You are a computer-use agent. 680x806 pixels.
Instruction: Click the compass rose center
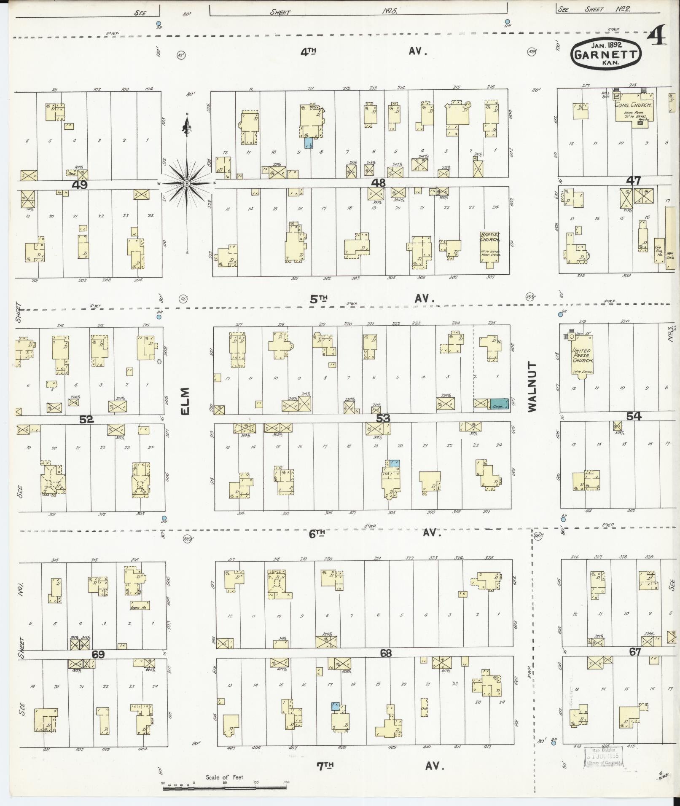click(x=187, y=183)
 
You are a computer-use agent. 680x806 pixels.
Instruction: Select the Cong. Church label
click(x=633, y=105)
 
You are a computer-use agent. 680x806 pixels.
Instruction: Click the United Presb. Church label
click(x=582, y=356)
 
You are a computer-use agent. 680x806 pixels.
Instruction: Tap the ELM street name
click(x=185, y=401)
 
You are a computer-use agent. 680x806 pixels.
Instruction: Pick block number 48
click(x=379, y=183)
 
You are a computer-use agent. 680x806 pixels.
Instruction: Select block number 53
click(x=383, y=418)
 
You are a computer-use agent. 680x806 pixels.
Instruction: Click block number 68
click(x=385, y=653)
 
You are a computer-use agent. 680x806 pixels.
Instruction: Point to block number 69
click(x=98, y=655)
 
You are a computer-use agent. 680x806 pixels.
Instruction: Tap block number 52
click(x=86, y=419)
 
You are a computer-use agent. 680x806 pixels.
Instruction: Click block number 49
click(x=80, y=184)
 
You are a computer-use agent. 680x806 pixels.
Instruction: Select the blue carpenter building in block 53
click(x=499, y=404)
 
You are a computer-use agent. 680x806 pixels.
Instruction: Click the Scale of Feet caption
click(x=224, y=777)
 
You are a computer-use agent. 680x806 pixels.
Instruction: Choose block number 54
click(x=633, y=417)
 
